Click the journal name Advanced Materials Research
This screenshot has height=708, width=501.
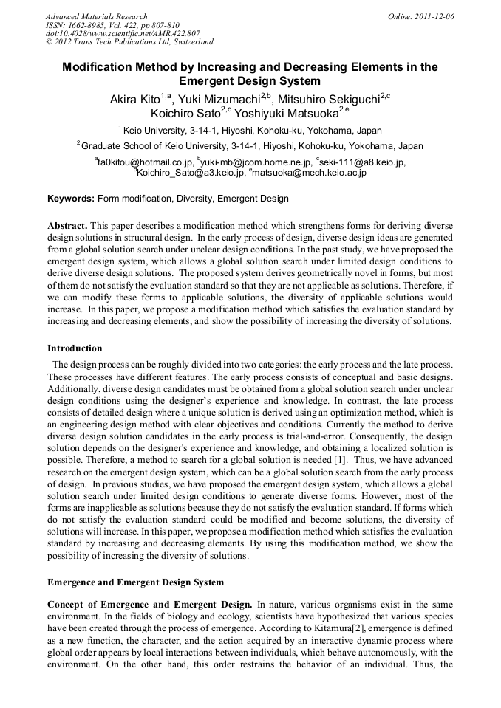point(96,16)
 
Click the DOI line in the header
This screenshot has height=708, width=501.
point(123,34)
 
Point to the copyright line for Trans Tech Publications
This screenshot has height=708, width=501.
point(129,43)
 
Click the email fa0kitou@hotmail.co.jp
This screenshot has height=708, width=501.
point(145,162)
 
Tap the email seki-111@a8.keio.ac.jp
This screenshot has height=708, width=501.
point(363,162)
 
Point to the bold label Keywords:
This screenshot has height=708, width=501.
point(71,199)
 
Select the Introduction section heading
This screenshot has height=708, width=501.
point(75,348)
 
